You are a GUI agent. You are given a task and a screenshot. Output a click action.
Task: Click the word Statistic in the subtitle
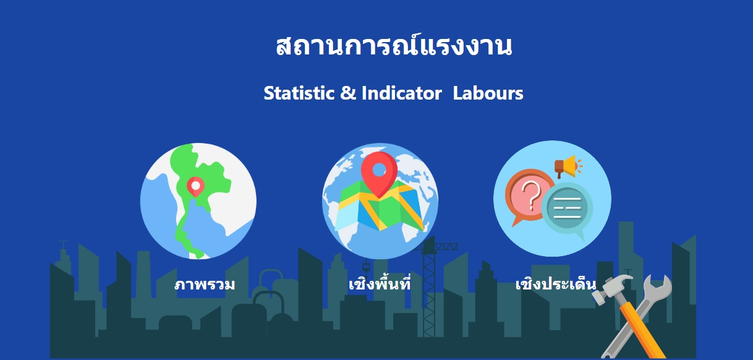pyautogui.click(x=299, y=93)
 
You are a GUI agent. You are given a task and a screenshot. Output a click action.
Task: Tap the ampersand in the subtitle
pyautogui.click(x=348, y=93)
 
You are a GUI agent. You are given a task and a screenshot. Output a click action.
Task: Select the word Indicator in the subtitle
pyautogui.click(x=402, y=93)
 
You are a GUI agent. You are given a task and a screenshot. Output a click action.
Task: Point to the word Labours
pyautogui.click(x=488, y=93)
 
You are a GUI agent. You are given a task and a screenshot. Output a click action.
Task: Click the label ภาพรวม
pyautogui.click(x=205, y=285)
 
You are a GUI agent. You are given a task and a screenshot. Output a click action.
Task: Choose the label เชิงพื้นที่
pyautogui.click(x=380, y=283)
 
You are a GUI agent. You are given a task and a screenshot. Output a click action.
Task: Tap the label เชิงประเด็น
pyautogui.click(x=556, y=283)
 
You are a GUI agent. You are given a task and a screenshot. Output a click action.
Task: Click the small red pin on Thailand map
pyautogui.click(x=195, y=187)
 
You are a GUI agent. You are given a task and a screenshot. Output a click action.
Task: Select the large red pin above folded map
pyautogui.click(x=379, y=174)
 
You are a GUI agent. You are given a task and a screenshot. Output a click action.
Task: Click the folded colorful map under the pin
pyautogui.click(x=380, y=208)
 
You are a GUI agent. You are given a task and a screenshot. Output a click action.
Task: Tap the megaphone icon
pyautogui.click(x=568, y=166)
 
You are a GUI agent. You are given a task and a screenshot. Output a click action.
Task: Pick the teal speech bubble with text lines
pyautogui.click(x=567, y=209)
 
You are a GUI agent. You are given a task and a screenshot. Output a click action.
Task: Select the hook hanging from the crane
pyautogui.click(x=366, y=267)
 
